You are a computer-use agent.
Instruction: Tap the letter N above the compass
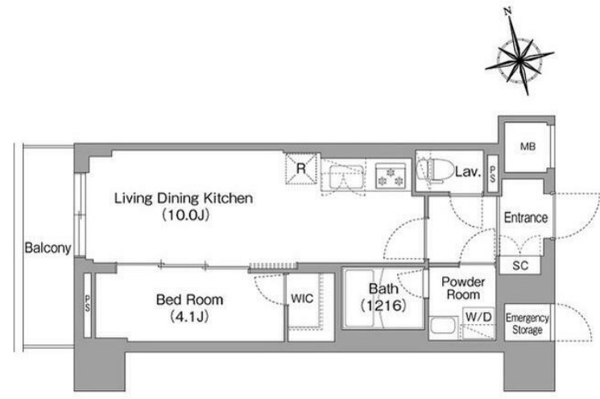click(507, 11)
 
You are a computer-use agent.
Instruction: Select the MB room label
click(528, 146)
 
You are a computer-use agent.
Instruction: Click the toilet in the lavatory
click(434, 171)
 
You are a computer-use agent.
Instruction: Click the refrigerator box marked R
click(302, 168)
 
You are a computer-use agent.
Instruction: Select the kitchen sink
click(346, 177)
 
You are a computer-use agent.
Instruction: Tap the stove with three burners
click(391, 176)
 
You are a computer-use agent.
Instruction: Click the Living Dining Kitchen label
click(184, 198)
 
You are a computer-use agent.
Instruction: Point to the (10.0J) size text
click(186, 215)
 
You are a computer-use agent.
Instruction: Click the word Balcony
click(48, 248)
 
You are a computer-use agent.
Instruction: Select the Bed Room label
click(189, 299)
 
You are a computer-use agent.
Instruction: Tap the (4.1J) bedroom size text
click(189, 316)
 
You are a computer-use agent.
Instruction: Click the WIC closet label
click(302, 298)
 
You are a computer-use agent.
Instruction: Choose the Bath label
click(383, 289)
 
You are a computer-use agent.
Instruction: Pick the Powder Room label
click(463, 289)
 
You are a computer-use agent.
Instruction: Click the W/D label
click(478, 317)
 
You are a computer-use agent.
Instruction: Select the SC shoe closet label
click(520, 265)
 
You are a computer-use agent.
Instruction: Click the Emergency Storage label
click(528, 323)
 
